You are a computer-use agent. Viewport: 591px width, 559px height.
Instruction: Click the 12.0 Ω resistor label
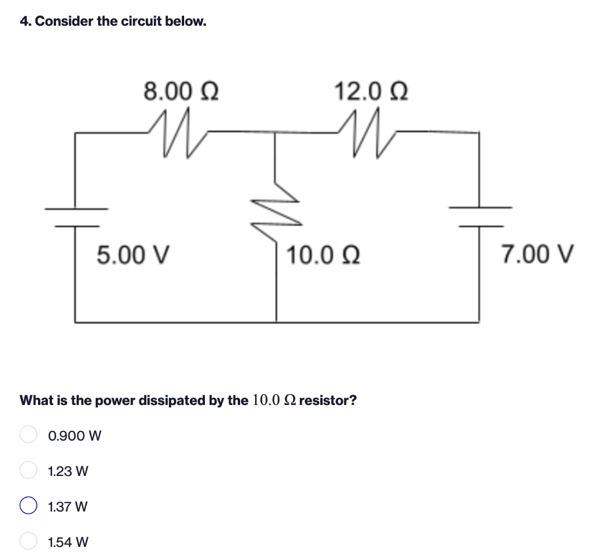click(371, 91)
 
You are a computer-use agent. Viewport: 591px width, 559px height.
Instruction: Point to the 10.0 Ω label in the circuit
click(324, 254)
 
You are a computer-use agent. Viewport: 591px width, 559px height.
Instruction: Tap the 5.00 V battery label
click(132, 254)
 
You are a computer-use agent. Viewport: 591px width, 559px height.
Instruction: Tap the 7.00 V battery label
click(537, 254)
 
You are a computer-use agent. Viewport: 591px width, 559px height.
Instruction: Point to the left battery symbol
click(76, 216)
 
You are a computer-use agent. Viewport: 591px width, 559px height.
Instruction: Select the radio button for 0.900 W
click(28, 435)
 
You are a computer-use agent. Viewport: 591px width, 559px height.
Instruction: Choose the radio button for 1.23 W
click(28, 471)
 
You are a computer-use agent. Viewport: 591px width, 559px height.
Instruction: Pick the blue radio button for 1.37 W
click(28, 507)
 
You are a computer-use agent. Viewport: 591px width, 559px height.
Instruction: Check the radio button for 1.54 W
click(28, 542)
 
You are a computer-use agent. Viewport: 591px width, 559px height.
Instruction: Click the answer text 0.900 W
click(75, 436)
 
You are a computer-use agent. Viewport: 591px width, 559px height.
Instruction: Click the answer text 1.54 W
click(69, 542)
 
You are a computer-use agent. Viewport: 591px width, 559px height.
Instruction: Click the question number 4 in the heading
click(24, 22)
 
